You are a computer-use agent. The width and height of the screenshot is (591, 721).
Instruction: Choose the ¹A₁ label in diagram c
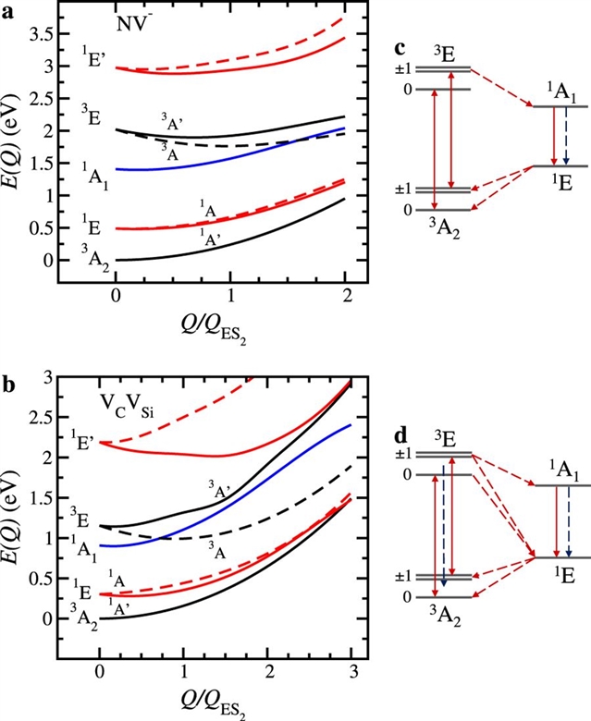[x=560, y=89]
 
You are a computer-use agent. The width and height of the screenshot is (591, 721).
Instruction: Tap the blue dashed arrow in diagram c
[x=566, y=137]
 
